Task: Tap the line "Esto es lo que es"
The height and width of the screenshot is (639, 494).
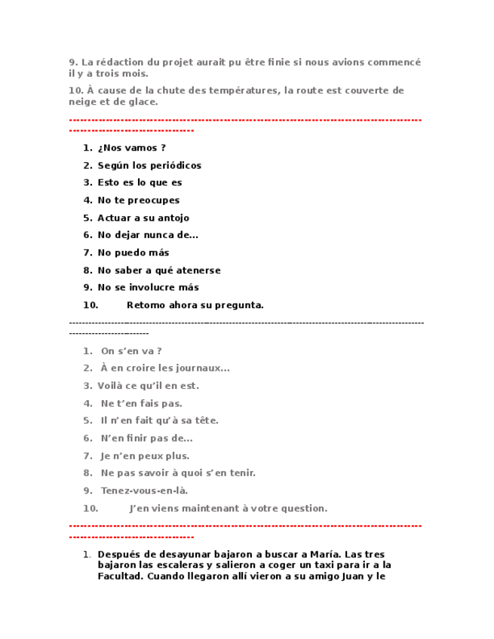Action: coord(140,182)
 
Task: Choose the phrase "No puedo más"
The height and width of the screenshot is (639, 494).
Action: coord(133,252)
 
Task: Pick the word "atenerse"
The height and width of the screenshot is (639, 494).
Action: coord(195,270)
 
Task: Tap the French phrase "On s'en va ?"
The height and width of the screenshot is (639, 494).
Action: coord(131,350)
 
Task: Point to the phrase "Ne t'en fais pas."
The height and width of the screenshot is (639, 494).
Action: coord(141,403)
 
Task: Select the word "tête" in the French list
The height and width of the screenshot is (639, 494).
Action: coord(207,420)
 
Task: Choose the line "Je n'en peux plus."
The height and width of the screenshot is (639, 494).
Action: coord(145,455)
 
